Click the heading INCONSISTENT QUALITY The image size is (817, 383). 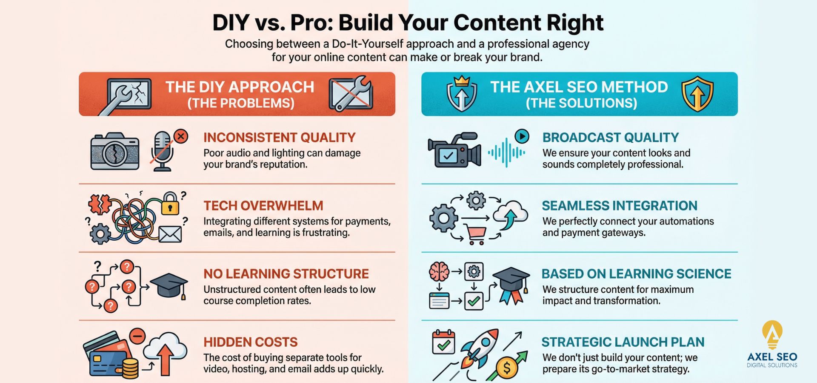click(279, 138)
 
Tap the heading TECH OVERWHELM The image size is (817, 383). click(263, 206)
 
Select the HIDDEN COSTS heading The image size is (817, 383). click(251, 342)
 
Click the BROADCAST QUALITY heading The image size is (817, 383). click(611, 138)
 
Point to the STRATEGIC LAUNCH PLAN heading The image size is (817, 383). click(623, 342)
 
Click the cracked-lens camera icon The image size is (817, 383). click(115, 151)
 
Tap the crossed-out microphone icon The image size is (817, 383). click(164, 151)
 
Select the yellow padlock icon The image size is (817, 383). click(170, 204)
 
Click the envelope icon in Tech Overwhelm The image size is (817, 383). click(170, 234)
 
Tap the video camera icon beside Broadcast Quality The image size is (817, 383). click(454, 150)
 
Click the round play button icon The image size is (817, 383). click(522, 136)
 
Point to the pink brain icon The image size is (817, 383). click(439, 271)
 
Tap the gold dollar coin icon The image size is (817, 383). click(507, 367)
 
